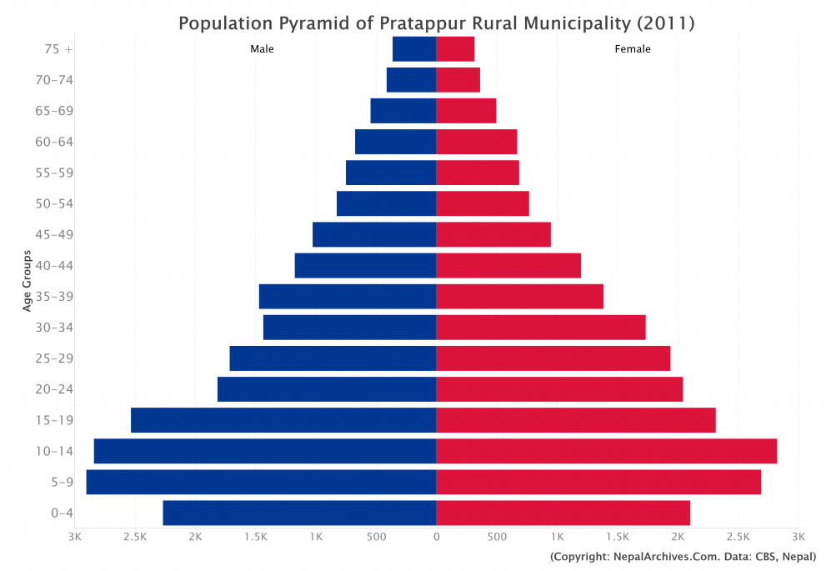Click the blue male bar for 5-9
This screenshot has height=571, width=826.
coord(261,482)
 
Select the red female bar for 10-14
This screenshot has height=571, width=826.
coord(606,451)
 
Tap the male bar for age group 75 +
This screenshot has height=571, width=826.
coord(414,49)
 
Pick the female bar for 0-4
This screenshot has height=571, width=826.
coord(563,513)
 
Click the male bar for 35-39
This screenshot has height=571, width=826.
coord(348,296)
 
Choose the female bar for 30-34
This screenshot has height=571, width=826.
coord(541,327)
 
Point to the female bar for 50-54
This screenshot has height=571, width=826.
coord(483,203)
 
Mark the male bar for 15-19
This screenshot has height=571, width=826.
coord(283,420)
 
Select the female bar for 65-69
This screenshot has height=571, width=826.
coord(466,111)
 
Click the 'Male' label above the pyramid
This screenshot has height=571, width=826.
coord(262,49)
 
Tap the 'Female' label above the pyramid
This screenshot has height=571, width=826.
coord(633,49)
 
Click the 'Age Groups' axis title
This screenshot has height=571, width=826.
coord(28,280)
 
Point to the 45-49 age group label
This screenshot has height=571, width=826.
coord(53,234)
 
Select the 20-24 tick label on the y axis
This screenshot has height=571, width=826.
coord(53,389)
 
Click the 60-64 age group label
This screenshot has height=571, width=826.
coord(53,142)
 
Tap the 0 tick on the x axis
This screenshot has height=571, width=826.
coord(436,536)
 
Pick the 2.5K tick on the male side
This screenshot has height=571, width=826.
coord(134,536)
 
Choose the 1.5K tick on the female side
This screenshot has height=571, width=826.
coord(618,536)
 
